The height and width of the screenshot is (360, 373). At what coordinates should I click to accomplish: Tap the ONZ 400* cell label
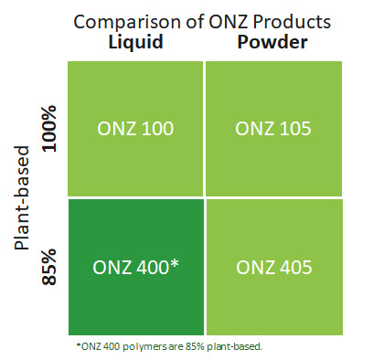[135, 268]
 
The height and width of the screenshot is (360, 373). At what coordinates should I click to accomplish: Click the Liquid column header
[136, 42]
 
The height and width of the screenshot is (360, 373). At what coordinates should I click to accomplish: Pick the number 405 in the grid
[293, 268]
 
